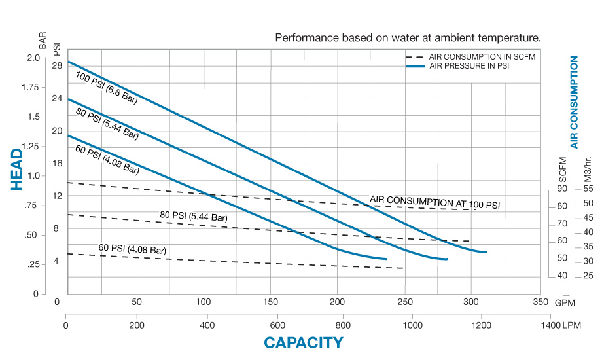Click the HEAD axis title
17,169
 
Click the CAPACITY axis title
303,342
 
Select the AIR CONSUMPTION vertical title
574,101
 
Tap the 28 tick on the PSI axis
57,65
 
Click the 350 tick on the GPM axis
540,302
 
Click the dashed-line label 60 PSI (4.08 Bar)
132,249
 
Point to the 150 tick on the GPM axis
271,302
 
